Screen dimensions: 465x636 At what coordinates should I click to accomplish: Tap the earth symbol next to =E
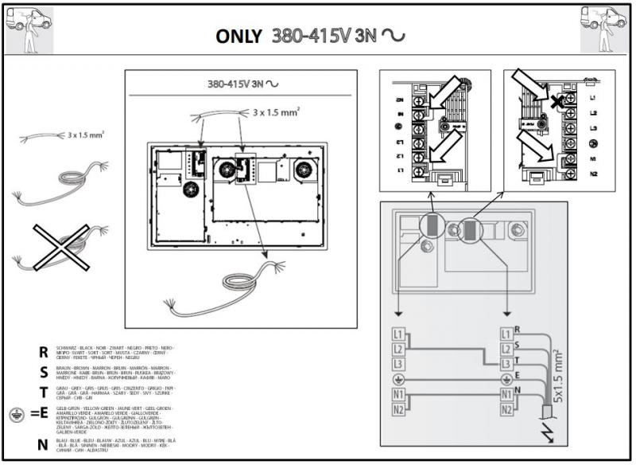pos(17,414)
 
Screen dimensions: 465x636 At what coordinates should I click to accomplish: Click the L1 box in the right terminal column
pos(506,334)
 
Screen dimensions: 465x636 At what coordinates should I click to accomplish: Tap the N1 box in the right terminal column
pos(506,394)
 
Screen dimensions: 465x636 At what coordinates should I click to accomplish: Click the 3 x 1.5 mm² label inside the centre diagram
pos(276,113)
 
